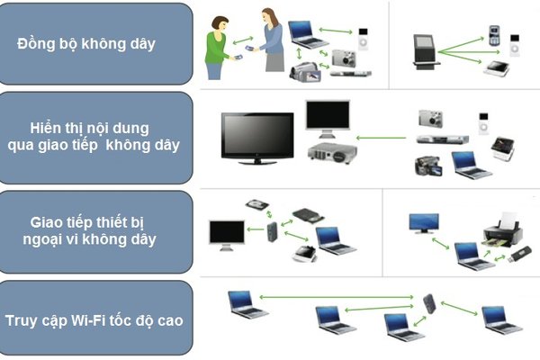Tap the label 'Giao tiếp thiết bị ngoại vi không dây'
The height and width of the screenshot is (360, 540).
click(97, 230)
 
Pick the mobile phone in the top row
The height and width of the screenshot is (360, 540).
click(494, 35)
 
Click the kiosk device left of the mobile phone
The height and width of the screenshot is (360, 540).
click(425, 51)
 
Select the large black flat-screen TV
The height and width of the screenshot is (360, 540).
click(257, 136)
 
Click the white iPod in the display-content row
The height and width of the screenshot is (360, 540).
click(483, 121)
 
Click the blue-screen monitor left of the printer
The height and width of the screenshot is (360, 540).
click(423, 223)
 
